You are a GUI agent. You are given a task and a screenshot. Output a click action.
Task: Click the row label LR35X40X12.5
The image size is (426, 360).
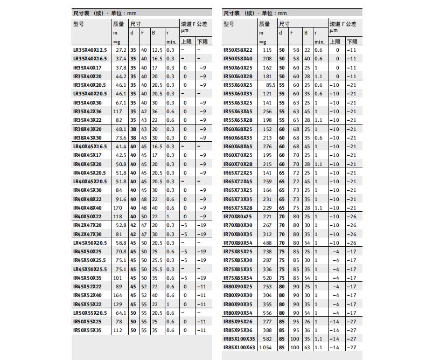tap(90, 50)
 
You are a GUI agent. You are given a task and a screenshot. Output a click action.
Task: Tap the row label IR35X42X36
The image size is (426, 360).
tap(87, 112)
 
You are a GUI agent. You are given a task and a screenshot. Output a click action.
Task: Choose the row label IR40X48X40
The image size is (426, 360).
tap(87, 208)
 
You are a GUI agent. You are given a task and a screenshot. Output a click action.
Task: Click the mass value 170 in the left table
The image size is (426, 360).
tap(118, 208)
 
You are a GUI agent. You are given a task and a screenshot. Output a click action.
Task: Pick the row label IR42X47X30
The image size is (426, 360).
tap(87, 234)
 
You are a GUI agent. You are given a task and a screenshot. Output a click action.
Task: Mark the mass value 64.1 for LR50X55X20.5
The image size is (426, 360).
tap(121, 313)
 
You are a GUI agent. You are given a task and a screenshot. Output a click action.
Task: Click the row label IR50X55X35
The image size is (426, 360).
tap(87, 330)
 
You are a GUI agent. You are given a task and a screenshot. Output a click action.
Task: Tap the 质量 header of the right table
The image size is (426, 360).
tap(264, 24)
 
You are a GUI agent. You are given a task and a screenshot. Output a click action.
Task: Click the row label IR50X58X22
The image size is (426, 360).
tap(238, 50)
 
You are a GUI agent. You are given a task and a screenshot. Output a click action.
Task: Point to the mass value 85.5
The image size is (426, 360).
tap(270, 85)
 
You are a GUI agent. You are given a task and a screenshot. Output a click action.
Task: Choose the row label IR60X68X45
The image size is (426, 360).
tap(238, 147)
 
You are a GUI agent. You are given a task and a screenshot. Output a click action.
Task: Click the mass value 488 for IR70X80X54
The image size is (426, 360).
tap(267, 243)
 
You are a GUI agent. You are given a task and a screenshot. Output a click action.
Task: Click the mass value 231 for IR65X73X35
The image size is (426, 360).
tap(267, 199)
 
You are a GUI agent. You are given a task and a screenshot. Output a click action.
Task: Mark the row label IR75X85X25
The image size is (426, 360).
tap(238, 252)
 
